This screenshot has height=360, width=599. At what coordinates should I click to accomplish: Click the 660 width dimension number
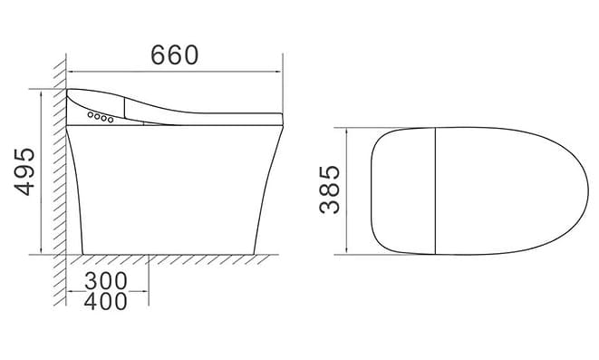[x=175, y=55]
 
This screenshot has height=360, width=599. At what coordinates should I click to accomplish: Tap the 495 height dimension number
[x=24, y=171]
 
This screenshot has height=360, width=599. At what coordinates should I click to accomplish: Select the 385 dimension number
[x=329, y=190]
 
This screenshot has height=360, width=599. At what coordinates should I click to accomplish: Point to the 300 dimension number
[x=106, y=281]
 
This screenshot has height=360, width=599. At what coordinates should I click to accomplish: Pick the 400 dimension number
[x=106, y=301]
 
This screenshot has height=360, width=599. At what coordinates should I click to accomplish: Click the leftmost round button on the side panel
[x=91, y=114]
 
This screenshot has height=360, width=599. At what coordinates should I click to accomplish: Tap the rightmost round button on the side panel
[x=111, y=120]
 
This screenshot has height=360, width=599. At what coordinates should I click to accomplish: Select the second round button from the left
[x=97, y=116]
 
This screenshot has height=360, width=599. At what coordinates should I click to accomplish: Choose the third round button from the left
[x=103, y=118]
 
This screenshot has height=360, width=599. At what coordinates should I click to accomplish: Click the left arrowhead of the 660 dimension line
[x=70, y=71]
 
